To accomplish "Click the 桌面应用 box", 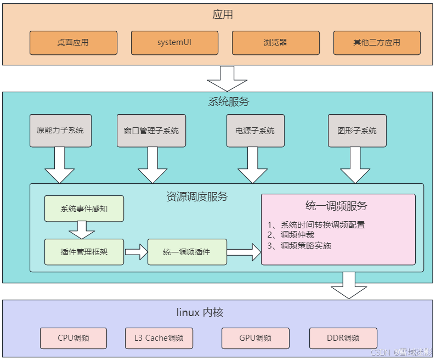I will [73, 43].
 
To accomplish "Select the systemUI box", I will [174, 43].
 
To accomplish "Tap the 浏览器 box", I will [275, 43].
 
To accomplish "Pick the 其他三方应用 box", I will [377, 43].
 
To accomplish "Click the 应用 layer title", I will [223, 15].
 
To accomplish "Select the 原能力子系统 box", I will [60, 131].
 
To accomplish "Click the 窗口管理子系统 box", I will [151, 131].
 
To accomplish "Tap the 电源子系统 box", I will [255, 131].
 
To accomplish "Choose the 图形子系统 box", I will [357, 131].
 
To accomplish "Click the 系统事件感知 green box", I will [84, 209].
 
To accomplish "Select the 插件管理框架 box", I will [84, 252].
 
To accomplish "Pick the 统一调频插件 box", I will [187, 252].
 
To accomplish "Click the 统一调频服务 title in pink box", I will [336, 206].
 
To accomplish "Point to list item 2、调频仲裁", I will [291, 235].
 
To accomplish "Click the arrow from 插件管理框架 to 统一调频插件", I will [136, 252].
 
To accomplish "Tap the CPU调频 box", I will [73, 338].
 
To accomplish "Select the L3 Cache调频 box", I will [159, 338].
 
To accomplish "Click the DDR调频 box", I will [343, 338].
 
